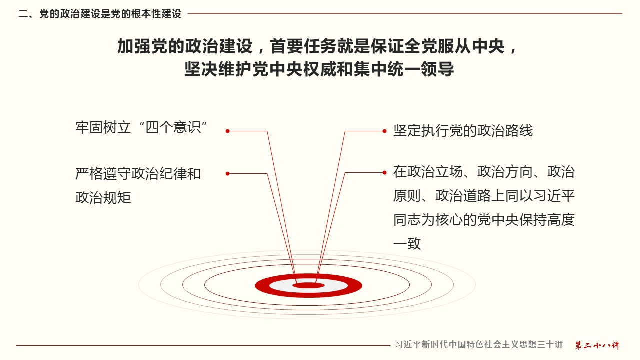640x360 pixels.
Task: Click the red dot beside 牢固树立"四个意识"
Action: tap(227, 131)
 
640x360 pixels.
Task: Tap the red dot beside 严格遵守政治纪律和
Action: tap(227, 173)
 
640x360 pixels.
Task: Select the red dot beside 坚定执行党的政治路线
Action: tap(385, 131)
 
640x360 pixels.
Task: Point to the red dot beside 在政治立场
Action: tap(385, 173)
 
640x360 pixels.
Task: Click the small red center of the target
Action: tap(309, 285)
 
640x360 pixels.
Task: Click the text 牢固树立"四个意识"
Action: tap(141, 127)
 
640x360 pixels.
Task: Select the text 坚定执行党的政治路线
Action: tap(463, 131)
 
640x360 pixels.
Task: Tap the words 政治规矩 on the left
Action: tap(103, 197)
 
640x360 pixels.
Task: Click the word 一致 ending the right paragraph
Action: tap(407, 243)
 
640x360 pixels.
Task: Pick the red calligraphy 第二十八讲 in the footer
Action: tap(597, 345)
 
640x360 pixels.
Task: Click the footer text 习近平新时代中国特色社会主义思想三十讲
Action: tap(479, 345)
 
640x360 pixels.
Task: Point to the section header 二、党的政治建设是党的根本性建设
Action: tap(100, 14)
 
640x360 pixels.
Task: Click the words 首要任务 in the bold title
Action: tap(303, 46)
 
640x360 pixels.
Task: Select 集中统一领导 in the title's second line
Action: tap(404, 69)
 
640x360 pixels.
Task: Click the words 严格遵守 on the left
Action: tap(103, 173)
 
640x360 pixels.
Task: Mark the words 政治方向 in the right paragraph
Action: tap(505, 172)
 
